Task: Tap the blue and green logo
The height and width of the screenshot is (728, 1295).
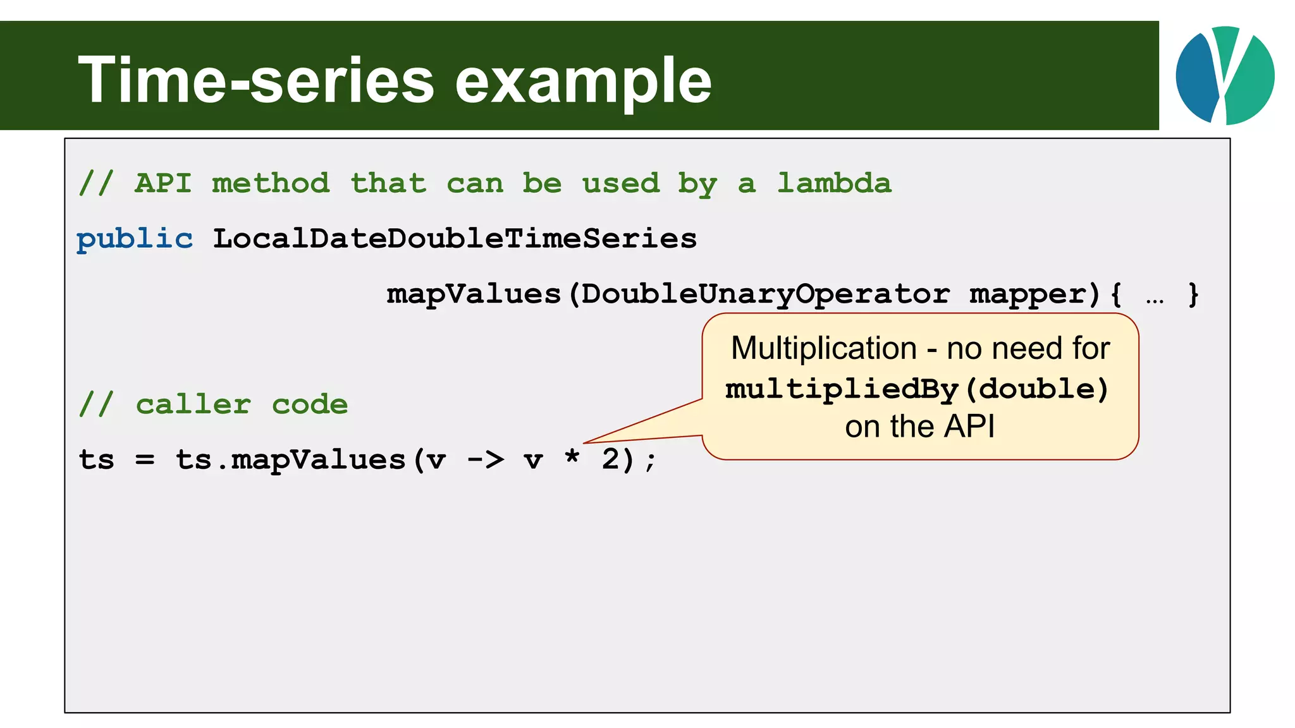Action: click(1225, 75)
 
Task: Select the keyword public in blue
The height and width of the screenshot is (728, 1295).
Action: click(135, 239)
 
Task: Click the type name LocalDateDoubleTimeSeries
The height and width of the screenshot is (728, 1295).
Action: click(455, 239)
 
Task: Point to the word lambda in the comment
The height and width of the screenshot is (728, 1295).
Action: click(834, 183)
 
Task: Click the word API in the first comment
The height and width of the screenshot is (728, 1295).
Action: click(163, 183)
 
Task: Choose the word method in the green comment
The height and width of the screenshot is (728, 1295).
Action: click(271, 183)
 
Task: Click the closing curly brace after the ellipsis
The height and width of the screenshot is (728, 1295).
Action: click(1193, 294)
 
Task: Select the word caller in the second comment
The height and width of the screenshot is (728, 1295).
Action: click(193, 404)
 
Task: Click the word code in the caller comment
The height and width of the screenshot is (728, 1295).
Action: click(310, 404)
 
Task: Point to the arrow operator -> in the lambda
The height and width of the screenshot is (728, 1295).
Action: click(485, 459)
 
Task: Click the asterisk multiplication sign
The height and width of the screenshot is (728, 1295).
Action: click(572, 456)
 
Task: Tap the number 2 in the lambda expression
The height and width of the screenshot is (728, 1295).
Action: click(610, 459)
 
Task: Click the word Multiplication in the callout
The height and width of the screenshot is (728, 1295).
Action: click(823, 348)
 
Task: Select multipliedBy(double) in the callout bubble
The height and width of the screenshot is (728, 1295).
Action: click(917, 389)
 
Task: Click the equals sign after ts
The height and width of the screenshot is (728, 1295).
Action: click(145, 460)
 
